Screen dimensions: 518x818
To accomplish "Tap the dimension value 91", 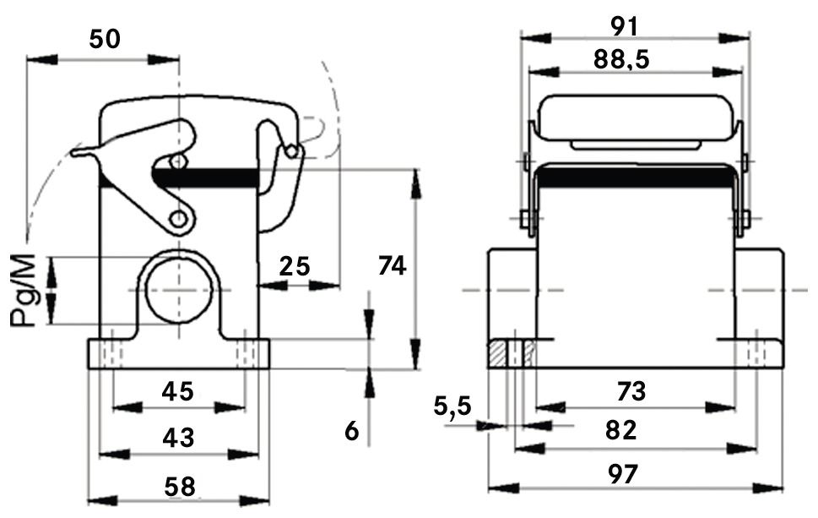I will (x=635, y=25).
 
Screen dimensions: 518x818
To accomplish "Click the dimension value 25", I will (x=294, y=266).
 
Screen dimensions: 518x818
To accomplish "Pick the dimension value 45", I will (x=178, y=392).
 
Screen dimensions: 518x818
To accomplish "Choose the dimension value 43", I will (x=178, y=439).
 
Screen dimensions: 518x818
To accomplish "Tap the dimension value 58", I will (x=178, y=487).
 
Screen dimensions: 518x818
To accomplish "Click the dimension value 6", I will (x=352, y=432).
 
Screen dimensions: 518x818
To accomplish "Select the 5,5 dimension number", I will (x=453, y=407).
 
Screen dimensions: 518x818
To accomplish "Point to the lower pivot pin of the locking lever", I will (x=178, y=220).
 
